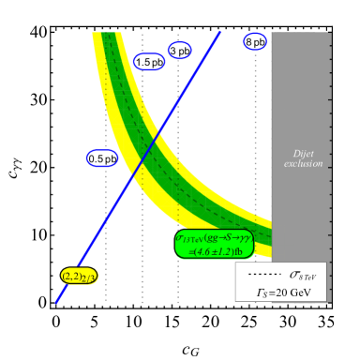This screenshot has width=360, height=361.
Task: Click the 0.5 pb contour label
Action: click(x=103, y=158)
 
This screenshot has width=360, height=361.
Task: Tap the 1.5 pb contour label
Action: click(x=150, y=62)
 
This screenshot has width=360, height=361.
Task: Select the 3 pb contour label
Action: click(x=179, y=50)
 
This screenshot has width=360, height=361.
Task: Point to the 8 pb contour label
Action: click(x=255, y=42)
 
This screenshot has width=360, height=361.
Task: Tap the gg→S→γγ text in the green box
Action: click(x=226, y=238)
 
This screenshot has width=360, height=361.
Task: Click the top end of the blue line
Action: click(x=220, y=32)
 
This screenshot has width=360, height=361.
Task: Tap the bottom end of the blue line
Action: click(x=56, y=302)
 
